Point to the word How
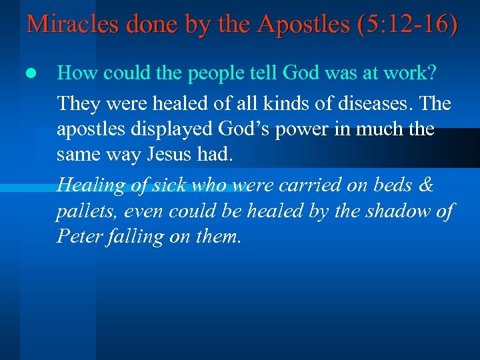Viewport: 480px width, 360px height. (x=74, y=73)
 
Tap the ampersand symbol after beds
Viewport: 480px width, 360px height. (x=425, y=185)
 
